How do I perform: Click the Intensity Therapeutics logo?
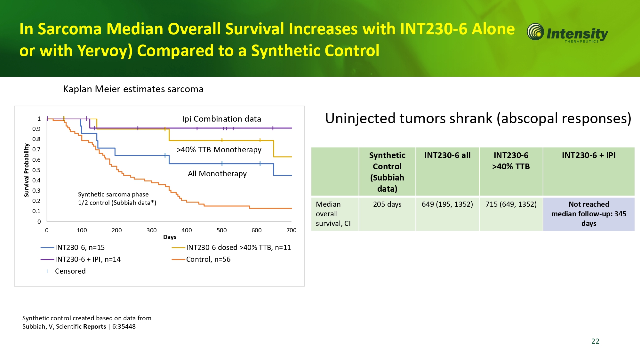click(x=567, y=33)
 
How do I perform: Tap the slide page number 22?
click(x=595, y=341)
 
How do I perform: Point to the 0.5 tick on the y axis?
click(x=36, y=170)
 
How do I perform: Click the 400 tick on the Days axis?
click(x=187, y=230)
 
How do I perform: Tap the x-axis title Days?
click(x=170, y=237)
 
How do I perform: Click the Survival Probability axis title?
click(x=27, y=170)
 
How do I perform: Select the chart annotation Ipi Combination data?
click(x=221, y=119)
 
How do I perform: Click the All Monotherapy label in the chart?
click(x=217, y=174)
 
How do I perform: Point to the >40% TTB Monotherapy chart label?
click(x=219, y=150)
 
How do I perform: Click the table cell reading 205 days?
click(x=387, y=204)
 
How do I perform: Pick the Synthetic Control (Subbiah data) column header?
click(x=387, y=172)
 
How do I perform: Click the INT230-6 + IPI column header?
click(x=589, y=155)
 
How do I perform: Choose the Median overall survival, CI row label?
click(x=333, y=214)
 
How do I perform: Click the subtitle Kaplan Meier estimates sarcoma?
click(x=133, y=89)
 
